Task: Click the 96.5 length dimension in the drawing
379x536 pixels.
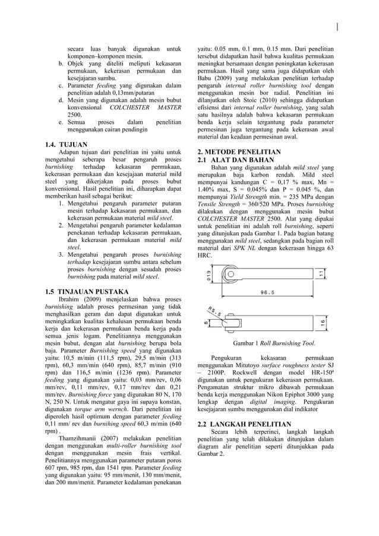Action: coord(263,292)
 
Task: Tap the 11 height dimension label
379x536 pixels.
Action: coord(321,273)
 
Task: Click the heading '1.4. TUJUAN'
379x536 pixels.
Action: coord(67,144)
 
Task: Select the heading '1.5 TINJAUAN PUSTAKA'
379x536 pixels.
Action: coord(87,291)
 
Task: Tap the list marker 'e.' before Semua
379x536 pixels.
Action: coord(61,122)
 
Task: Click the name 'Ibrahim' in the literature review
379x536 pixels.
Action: coord(72,299)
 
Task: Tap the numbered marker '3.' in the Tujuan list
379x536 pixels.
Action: coord(62,255)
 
